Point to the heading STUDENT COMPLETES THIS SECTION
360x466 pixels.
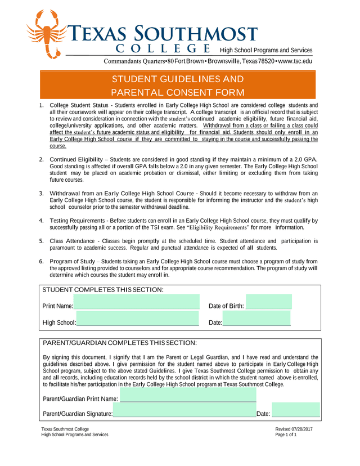pos(103,290)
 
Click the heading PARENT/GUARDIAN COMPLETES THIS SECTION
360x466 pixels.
pos(120,343)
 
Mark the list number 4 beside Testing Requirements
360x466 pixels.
pos(42,221)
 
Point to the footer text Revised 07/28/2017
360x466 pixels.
pos(294,429)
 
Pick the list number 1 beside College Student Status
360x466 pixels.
pos(42,106)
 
